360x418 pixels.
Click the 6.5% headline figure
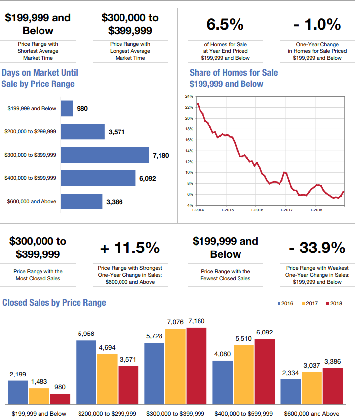click(225, 24)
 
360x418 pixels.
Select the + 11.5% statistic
click(130, 247)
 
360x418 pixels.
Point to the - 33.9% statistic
click(317, 247)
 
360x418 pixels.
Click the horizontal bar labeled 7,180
click(105, 155)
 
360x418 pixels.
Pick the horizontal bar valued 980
click(67, 108)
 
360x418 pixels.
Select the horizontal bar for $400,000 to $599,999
click(98, 178)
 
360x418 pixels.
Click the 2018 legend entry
click(334, 303)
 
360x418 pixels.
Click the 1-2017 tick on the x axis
click(285, 210)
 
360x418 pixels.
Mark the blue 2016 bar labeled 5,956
click(86, 372)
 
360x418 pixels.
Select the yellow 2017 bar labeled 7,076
click(175, 366)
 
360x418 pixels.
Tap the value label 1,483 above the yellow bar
click(39, 382)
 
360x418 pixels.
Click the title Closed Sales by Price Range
click(54, 302)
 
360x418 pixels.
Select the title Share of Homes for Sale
click(234, 73)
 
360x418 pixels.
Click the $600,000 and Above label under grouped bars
click(312, 413)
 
